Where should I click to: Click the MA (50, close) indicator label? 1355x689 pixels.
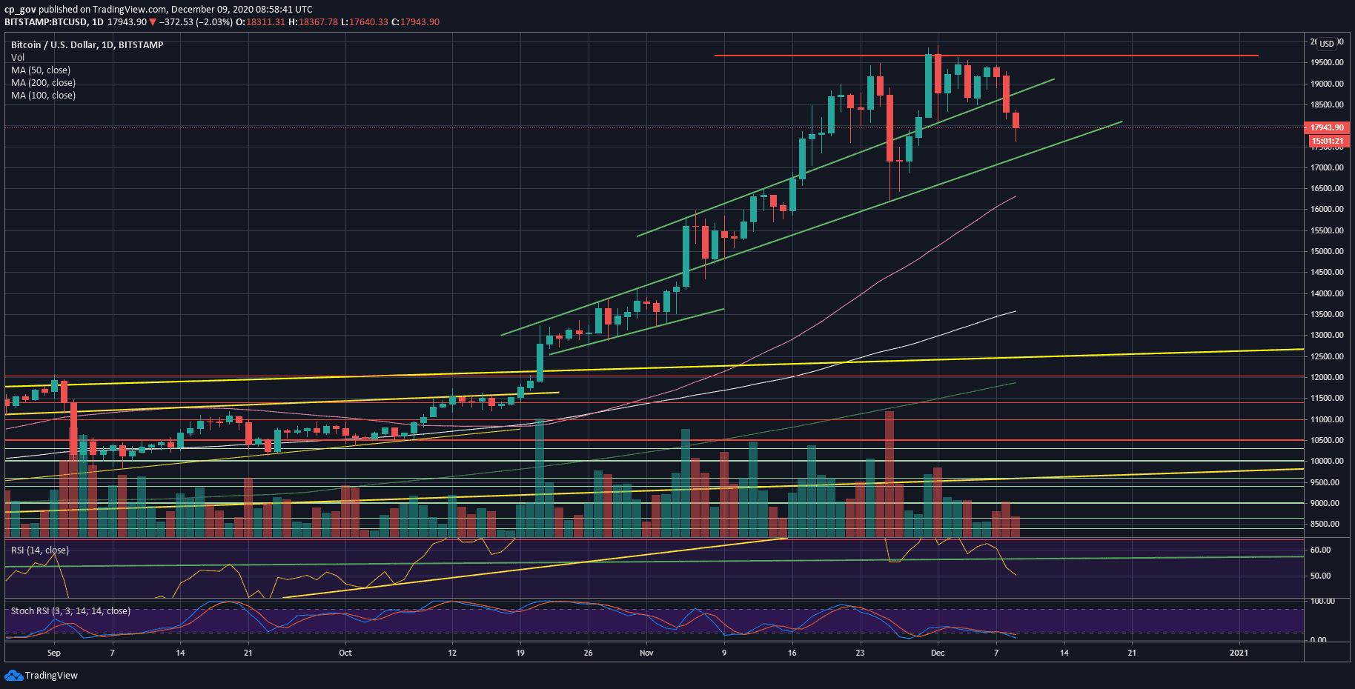[x=41, y=70]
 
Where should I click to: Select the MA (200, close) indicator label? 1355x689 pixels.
[x=43, y=83]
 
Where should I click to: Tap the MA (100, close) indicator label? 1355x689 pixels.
[x=43, y=96]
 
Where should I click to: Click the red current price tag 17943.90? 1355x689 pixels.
[x=1326, y=127]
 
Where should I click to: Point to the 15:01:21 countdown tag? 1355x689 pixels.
[x=1326, y=141]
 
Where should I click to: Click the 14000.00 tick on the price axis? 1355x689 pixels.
[x=1326, y=293]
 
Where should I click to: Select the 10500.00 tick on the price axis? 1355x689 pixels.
[x=1326, y=440]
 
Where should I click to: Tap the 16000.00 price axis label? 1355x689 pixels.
[x=1326, y=210]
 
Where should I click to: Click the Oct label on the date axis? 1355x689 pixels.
[x=345, y=653]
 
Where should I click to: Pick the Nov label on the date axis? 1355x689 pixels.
[x=646, y=653]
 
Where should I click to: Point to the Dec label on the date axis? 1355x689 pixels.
[x=938, y=653]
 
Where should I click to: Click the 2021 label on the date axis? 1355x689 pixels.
[x=1239, y=653]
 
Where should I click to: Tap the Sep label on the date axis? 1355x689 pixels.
[x=54, y=653]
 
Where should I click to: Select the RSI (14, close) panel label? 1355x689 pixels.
[x=40, y=550]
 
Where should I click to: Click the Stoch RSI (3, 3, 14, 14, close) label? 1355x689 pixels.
[x=70, y=611]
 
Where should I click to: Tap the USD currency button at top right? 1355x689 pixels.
[x=1326, y=43]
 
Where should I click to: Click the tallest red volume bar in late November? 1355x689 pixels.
[x=889, y=474]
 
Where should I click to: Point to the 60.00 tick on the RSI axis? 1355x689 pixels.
[x=1320, y=550]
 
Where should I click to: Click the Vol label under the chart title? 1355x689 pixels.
[x=18, y=58]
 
